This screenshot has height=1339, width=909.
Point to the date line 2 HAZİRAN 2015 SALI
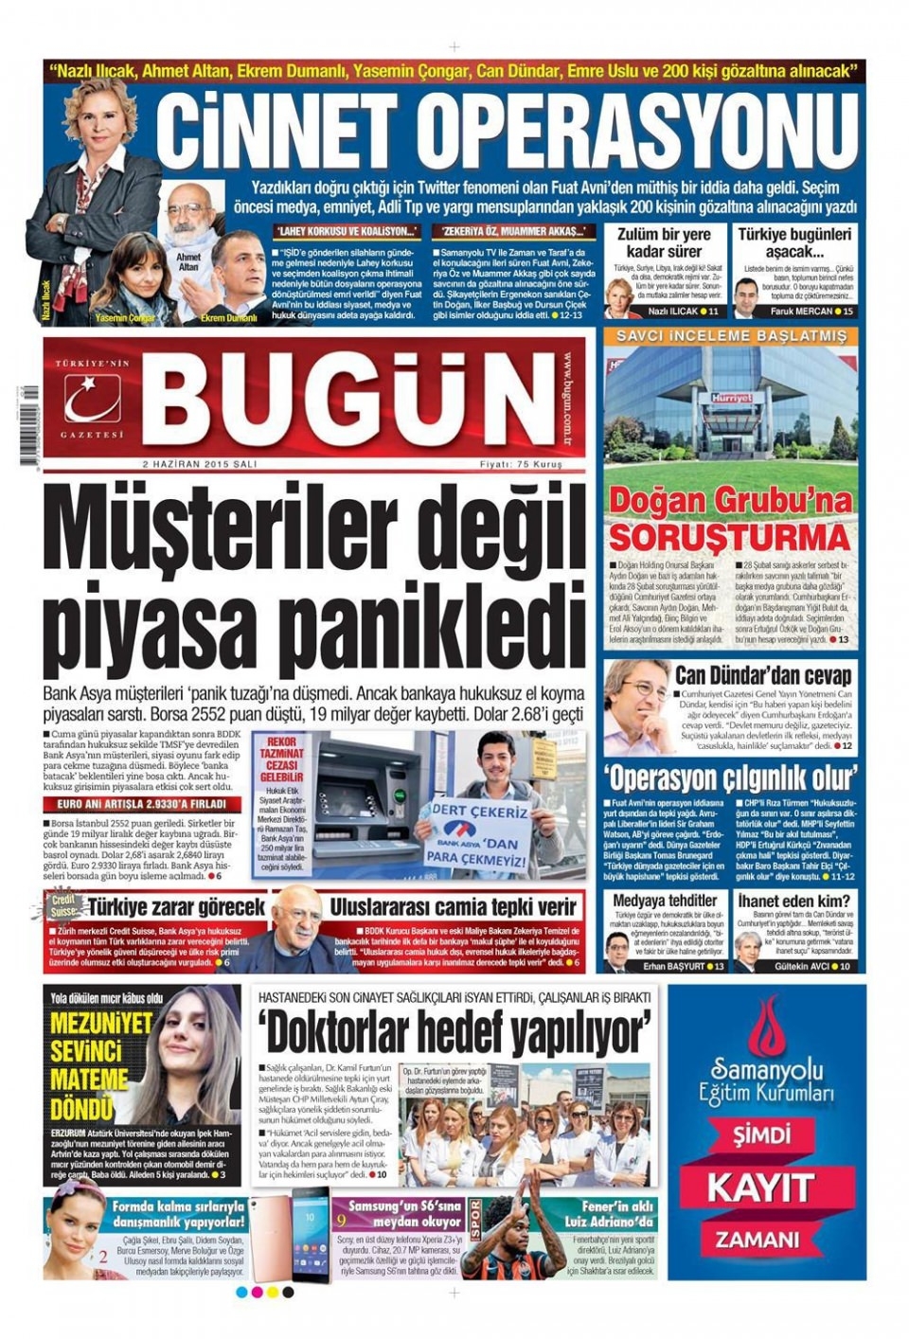pyautogui.click(x=199, y=465)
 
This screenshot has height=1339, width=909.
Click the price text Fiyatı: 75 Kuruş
pyautogui.click(x=520, y=465)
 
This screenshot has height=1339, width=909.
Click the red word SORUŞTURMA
pyautogui.click(x=729, y=538)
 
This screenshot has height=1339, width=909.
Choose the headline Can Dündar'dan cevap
pyautogui.click(x=762, y=675)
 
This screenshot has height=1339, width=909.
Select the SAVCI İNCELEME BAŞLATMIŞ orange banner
pyautogui.click(x=731, y=337)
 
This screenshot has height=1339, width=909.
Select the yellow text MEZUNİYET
pyautogui.click(x=101, y=1024)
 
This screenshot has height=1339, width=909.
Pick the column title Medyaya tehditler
pyautogui.click(x=665, y=900)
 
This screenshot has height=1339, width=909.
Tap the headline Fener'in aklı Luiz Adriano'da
pyautogui.click(x=615, y=1214)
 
